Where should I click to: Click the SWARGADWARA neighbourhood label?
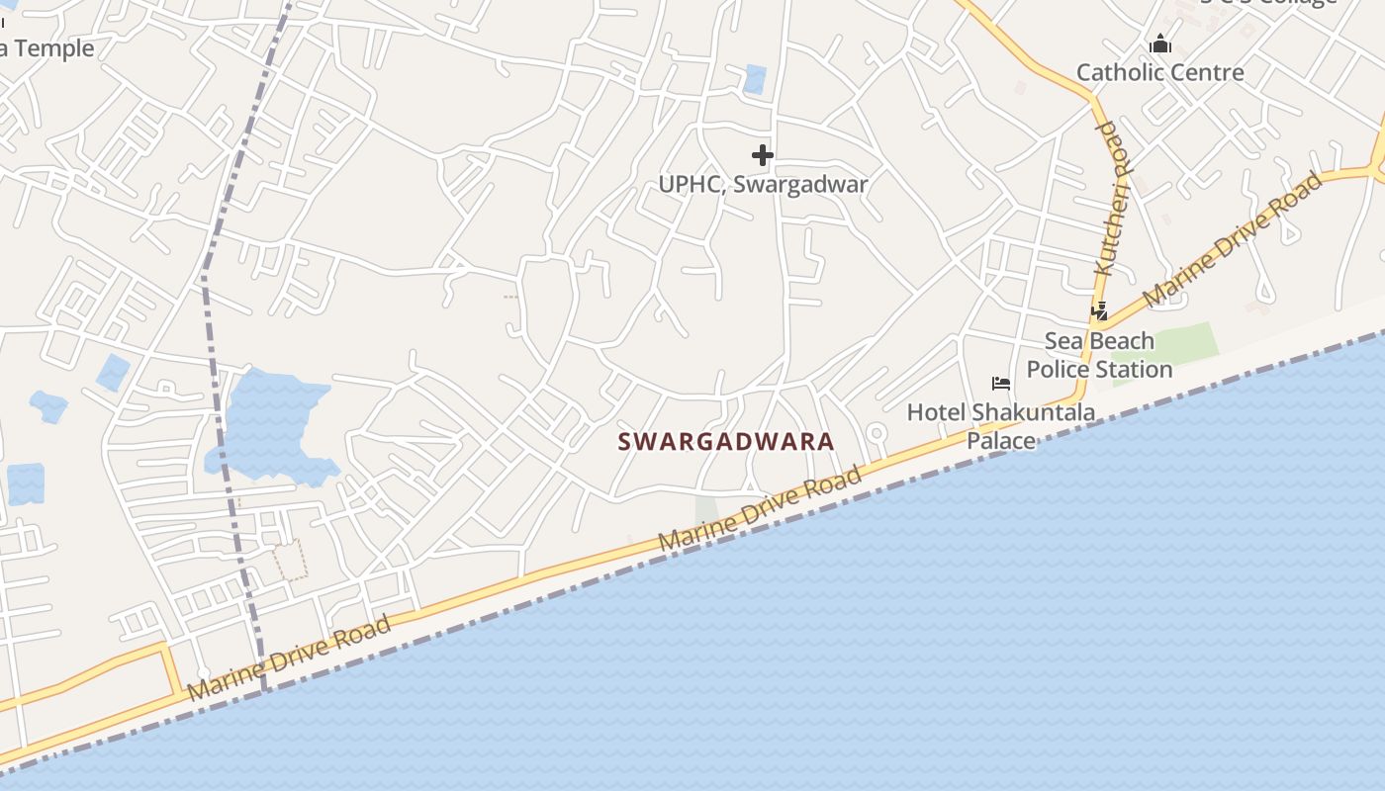coord(726,442)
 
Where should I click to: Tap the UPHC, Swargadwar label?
coord(763,184)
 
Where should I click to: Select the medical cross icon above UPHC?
coord(763,155)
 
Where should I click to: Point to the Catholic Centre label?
coord(1159,72)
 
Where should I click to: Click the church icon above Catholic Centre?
coord(1160,44)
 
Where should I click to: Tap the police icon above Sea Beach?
coord(1099,311)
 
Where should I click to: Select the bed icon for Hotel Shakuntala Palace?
coord(1001,384)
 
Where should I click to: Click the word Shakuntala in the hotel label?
coord(1033,412)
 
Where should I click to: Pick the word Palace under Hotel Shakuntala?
coord(1000,441)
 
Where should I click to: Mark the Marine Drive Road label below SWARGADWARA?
coord(760,510)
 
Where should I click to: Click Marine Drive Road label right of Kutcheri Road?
coord(1233,238)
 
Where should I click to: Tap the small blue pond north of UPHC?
coord(755,79)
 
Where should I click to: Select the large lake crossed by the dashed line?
coord(267,425)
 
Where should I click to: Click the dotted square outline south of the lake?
coord(290,560)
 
